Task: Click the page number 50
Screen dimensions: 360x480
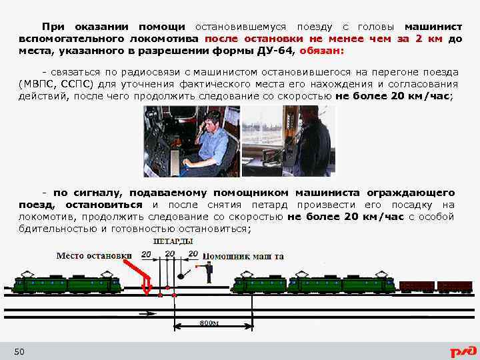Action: click(x=19, y=351)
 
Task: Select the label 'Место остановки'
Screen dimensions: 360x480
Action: click(x=94, y=255)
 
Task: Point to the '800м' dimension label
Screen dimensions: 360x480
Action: click(x=209, y=323)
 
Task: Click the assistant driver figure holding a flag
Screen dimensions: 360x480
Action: click(x=209, y=273)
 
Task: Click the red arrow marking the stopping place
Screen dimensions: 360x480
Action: click(x=140, y=273)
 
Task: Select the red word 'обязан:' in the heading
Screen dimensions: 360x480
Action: click(x=323, y=51)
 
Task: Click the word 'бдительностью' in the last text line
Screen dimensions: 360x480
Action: click(x=55, y=229)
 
